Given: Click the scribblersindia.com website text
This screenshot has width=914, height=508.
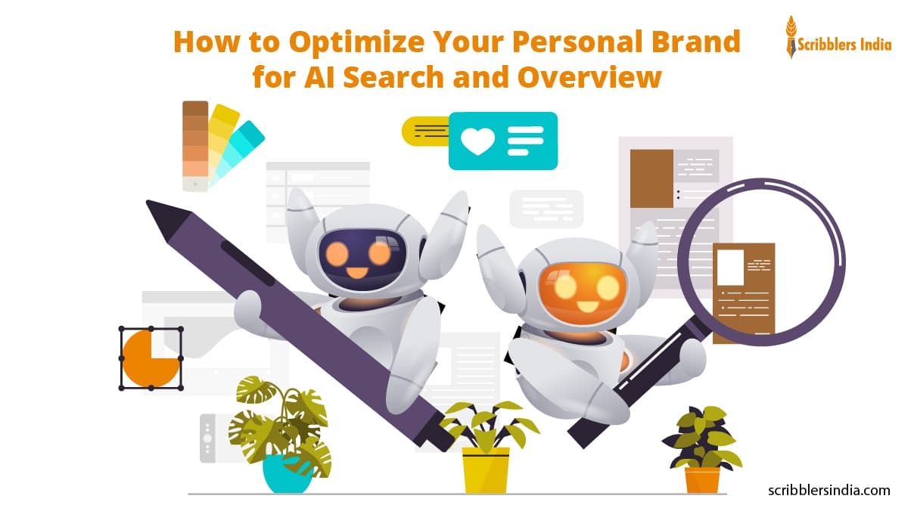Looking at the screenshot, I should [829, 490].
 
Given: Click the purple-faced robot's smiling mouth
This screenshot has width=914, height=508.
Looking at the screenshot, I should [356, 271].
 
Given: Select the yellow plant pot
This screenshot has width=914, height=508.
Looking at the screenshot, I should [486, 469].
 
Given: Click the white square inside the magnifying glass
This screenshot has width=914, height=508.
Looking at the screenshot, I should [730, 267].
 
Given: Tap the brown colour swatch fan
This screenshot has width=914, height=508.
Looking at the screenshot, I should [195, 144].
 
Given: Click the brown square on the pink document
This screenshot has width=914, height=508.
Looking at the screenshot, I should [651, 178].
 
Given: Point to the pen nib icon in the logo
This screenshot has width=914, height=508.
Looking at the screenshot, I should [791, 36].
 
